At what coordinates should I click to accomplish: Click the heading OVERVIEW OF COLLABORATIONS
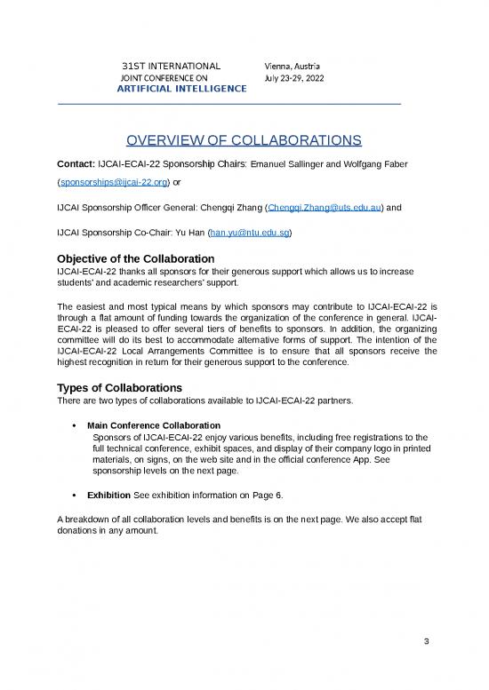(x=244, y=140)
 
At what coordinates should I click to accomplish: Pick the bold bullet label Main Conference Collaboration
(x=156, y=425)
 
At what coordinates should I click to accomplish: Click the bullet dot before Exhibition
(x=72, y=495)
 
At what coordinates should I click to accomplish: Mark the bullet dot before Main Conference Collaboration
(x=72, y=425)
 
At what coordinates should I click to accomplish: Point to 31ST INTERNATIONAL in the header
(x=171, y=67)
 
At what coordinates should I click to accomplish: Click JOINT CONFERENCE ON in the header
(x=164, y=78)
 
